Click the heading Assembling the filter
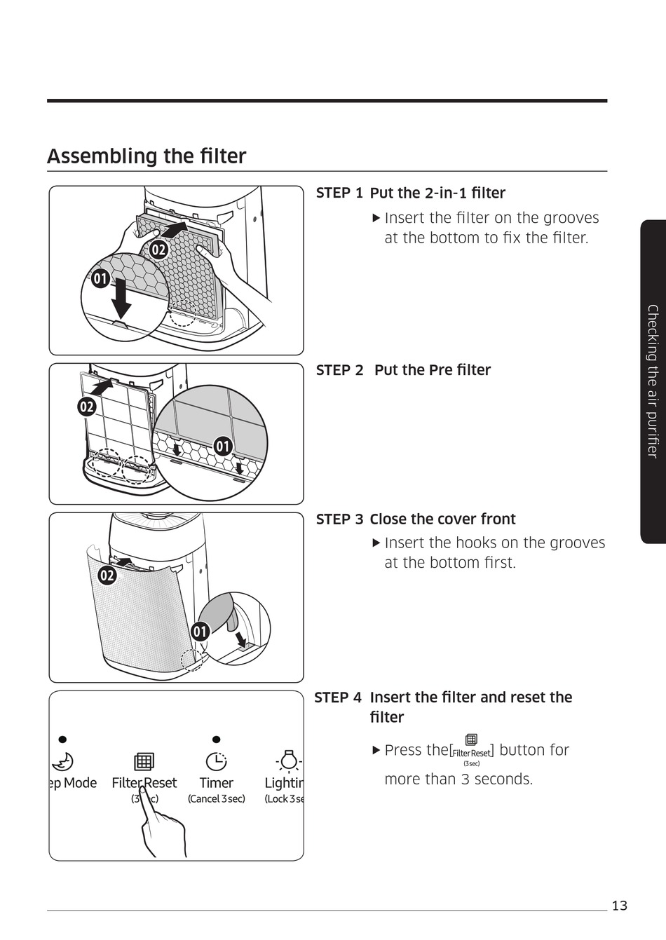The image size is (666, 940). pos(147,156)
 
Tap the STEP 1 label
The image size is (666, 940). pos(339,193)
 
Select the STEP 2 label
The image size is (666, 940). pos(339,370)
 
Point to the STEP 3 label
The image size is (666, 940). pos(339,519)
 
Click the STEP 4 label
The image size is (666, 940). pos(338,697)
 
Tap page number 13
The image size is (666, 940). pos(619,906)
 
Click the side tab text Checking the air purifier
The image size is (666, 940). pos(653,381)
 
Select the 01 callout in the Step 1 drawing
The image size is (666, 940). pos(100,279)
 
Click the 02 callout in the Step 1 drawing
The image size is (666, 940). pos(159,249)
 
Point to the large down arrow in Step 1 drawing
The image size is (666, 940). pos(122,298)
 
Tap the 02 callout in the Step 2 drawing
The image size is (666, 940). pos(86,407)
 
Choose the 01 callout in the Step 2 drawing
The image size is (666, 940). pos(222,447)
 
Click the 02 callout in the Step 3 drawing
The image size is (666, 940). pos(107,576)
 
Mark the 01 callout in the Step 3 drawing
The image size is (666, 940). pos(201,632)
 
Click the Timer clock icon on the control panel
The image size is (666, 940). pos(216,761)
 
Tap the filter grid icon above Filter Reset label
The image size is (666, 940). pos(144,761)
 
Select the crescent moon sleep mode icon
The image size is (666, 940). pos(63,761)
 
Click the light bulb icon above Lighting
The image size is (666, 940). pos(288,760)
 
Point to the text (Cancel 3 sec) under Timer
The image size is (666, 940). pos(216,799)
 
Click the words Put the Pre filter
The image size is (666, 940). pos(432,370)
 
